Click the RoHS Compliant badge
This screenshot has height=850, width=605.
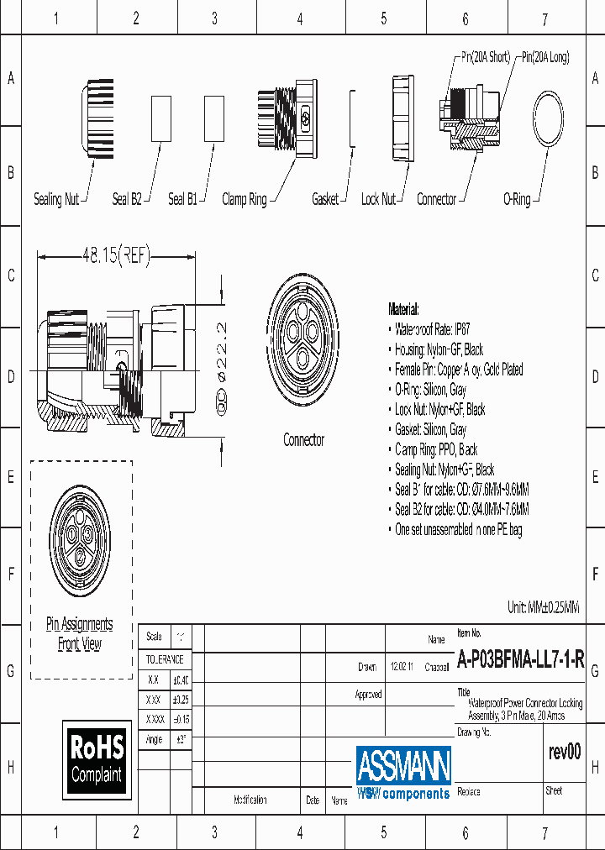coord(97,758)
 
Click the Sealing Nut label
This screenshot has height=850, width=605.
coord(56,199)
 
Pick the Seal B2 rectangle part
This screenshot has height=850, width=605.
coord(160,118)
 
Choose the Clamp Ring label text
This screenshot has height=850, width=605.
coord(244,199)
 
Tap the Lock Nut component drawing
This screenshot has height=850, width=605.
coord(403,118)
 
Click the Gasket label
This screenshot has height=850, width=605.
coord(325,199)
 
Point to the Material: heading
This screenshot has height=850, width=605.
coord(403,309)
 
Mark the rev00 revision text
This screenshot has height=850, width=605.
coord(563,752)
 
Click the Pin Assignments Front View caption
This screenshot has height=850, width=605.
coord(79,634)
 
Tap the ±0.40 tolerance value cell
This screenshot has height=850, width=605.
coord(180,679)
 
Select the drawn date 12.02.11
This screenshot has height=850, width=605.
coord(402,666)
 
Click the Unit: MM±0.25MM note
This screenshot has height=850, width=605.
coord(543,606)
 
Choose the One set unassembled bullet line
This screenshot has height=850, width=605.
coord(458,530)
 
